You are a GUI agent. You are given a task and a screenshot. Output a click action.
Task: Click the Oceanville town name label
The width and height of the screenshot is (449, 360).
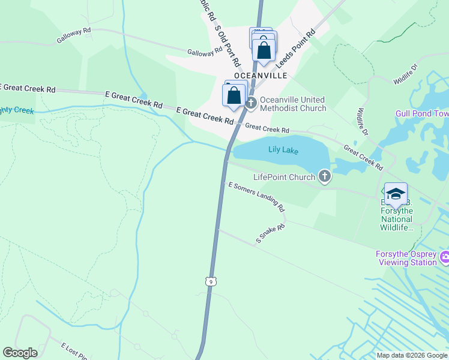[261, 76]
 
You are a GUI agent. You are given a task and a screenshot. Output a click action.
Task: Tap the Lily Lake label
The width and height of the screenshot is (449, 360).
[283, 150]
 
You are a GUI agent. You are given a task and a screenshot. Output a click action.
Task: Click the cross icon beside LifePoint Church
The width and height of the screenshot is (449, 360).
[325, 176]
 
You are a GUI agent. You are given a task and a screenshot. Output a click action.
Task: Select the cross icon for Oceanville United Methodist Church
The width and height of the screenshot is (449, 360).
[251, 103]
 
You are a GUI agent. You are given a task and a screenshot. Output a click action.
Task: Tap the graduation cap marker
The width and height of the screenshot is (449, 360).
[396, 194]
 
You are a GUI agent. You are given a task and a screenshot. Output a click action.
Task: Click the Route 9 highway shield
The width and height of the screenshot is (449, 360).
[209, 281]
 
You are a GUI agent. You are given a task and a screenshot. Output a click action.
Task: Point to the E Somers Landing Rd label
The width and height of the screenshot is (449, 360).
[256, 197]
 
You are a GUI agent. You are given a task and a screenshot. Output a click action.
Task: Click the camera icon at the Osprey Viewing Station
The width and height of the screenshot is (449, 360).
[445, 258]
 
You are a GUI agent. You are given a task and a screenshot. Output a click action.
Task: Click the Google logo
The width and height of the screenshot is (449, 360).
[20, 353]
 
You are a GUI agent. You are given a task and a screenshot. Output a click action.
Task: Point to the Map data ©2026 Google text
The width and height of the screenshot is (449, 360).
[412, 355]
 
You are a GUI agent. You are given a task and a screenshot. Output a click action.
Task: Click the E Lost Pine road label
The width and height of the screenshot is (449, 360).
[74, 351]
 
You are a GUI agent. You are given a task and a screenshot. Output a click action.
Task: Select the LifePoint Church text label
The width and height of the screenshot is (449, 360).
[284, 177]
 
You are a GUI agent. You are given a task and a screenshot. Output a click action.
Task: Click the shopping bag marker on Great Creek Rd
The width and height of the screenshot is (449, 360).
[234, 95]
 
